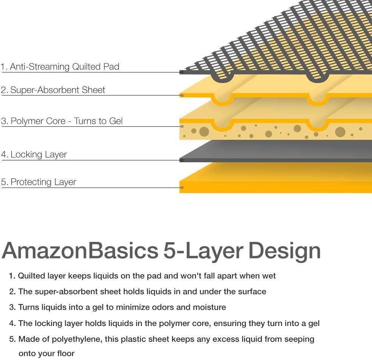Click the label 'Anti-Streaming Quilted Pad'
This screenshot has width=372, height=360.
(60, 67)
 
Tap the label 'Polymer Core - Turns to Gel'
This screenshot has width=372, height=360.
(62, 121)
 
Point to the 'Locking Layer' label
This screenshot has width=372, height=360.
(34, 154)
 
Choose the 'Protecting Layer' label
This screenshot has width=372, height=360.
(38, 182)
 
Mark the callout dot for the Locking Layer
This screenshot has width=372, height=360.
(182, 160)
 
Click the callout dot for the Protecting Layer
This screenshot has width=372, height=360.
(182, 188)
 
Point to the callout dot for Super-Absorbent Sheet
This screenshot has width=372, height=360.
(182, 95)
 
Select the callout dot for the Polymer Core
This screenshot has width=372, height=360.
(182, 126)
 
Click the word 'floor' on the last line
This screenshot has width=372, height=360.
(65, 354)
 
